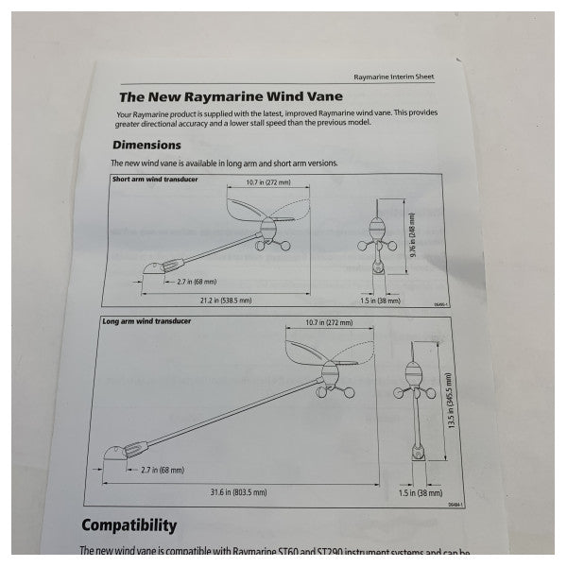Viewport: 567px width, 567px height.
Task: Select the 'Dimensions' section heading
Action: click(146, 146)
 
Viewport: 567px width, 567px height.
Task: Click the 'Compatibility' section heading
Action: click(129, 524)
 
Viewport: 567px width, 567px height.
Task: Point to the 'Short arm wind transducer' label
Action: click(155, 179)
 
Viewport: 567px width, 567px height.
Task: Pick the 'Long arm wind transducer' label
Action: click(146, 322)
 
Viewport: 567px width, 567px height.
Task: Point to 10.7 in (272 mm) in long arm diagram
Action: click(330, 324)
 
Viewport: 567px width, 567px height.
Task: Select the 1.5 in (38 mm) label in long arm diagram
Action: click(420, 492)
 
